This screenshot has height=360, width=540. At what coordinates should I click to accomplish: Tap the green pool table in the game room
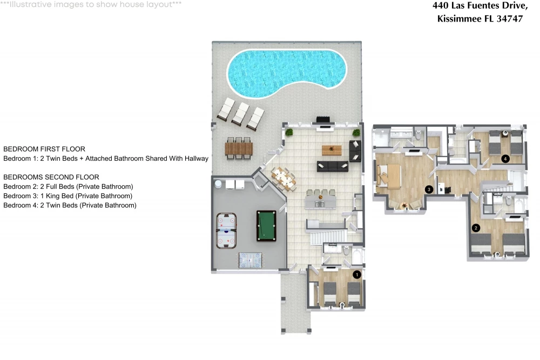(x=266, y=226)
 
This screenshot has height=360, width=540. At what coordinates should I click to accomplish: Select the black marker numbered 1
(x=357, y=274)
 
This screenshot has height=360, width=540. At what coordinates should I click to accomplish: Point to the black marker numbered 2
(x=476, y=227)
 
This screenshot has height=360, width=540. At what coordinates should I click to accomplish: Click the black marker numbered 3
(x=429, y=189)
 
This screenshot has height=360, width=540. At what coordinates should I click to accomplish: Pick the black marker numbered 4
(x=505, y=159)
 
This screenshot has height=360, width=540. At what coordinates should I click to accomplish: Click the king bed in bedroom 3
(x=389, y=176)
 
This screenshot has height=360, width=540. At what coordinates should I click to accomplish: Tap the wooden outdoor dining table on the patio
(x=239, y=148)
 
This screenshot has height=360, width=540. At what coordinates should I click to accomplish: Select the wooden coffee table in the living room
(x=332, y=150)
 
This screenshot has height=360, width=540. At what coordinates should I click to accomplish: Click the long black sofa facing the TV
(x=332, y=166)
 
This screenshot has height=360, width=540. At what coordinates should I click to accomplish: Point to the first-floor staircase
(x=328, y=237)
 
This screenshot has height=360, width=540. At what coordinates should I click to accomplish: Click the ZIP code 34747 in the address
(x=509, y=18)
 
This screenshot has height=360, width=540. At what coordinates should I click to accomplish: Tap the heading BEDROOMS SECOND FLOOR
(x=51, y=177)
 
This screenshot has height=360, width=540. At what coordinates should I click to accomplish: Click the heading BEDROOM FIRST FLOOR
(x=44, y=149)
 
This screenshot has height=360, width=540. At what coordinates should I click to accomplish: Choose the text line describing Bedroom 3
(x=68, y=196)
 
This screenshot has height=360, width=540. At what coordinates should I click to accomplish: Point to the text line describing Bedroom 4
(x=70, y=206)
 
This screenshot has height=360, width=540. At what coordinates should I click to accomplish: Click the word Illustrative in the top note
(x=30, y=4)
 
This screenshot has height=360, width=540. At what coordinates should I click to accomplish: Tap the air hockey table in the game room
(x=226, y=230)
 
